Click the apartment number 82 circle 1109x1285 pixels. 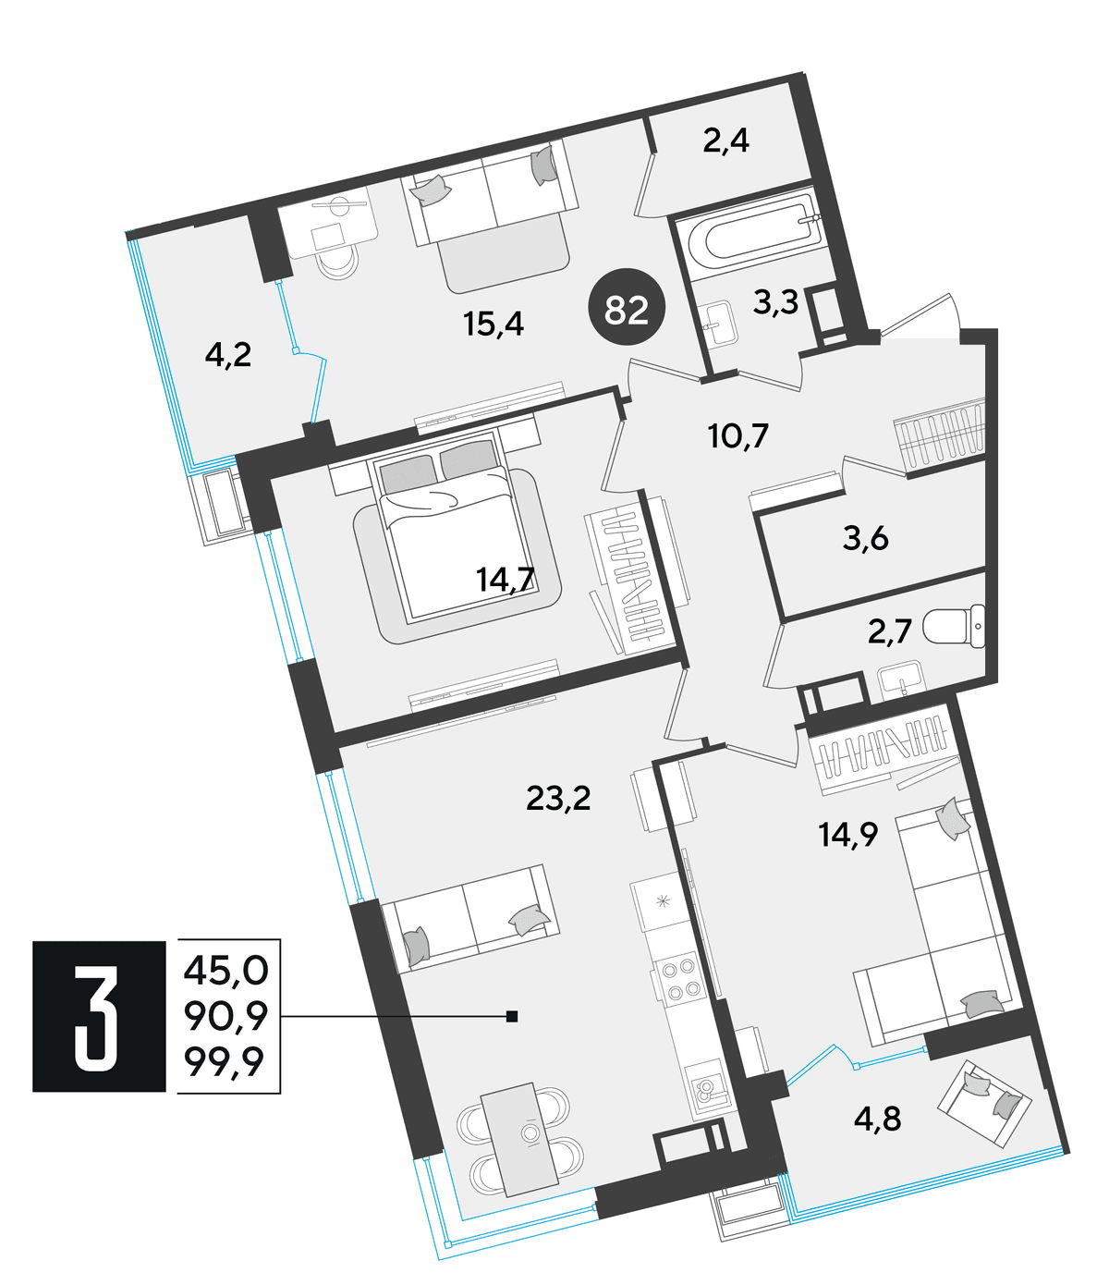click(626, 307)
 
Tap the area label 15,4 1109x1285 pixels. click(494, 324)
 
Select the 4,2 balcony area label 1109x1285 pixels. click(228, 355)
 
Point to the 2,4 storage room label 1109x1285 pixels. click(726, 141)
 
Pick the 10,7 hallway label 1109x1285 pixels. click(738, 435)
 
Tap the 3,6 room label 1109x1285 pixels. click(865, 538)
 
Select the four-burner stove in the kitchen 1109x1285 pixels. click(681, 980)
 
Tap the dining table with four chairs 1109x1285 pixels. click(519, 1139)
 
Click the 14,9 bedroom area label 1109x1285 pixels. click(848, 834)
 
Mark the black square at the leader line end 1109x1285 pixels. click(512, 1017)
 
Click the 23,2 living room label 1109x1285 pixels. click(558, 798)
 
